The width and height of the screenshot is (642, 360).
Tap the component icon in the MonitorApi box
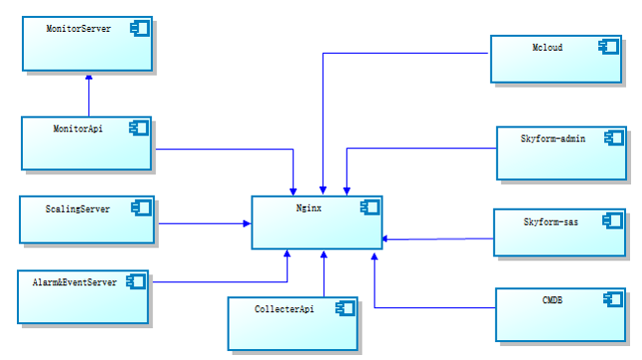click(138, 128)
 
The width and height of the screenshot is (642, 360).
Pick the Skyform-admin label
click(554, 139)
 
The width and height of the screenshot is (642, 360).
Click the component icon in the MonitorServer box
click(141, 30)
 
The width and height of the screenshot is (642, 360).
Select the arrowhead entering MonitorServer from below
click(88, 77)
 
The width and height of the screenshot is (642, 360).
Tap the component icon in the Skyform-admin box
click(614, 139)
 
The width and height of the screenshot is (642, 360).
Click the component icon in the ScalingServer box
click(142, 209)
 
